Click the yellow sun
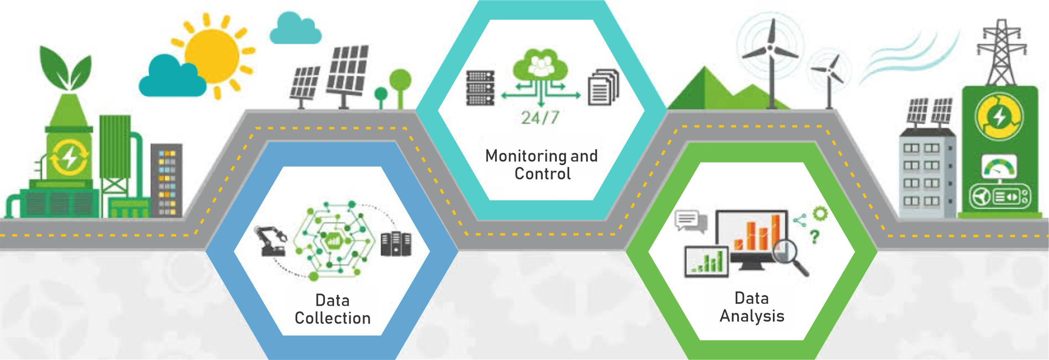pyautogui.click(x=212, y=56)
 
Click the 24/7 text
pyautogui.click(x=540, y=118)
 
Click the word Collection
pyautogui.click(x=332, y=318)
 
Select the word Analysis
pyautogui.click(x=752, y=316)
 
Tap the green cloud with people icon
pyautogui.click(x=540, y=65)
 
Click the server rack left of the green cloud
pyautogui.click(x=480, y=88)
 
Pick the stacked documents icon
pyautogui.click(x=603, y=87)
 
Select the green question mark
pyautogui.click(x=814, y=237)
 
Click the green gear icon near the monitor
pyautogui.click(x=820, y=214)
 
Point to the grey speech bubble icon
pyautogui.click(x=689, y=221)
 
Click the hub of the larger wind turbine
pyautogui.click(x=770, y=48)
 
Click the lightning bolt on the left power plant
pyautogui.click(x=69, y=158)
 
